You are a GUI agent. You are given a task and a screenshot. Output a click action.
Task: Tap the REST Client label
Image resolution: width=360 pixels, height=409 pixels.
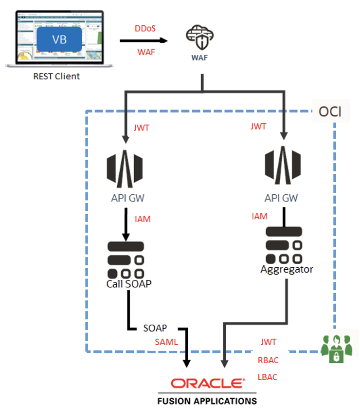point(56,76)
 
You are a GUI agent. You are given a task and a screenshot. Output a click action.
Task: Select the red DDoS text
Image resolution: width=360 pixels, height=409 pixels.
point(145,28)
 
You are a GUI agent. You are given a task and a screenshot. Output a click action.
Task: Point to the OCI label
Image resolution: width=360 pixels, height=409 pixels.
point(330,112)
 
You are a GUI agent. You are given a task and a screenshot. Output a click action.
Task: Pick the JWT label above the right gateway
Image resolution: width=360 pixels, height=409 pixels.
point(258,127)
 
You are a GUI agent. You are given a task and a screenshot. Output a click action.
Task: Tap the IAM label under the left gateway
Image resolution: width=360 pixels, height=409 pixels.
point(143,219)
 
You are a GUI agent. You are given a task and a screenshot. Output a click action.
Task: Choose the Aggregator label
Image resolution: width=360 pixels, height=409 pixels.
point(287,269)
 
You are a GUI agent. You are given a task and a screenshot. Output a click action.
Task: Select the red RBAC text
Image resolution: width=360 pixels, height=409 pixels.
point(268,360)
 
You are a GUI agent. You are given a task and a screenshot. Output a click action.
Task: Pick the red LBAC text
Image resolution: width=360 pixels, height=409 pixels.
point(268,377)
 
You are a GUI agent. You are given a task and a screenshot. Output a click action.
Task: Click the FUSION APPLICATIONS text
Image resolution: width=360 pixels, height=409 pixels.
point(207,401)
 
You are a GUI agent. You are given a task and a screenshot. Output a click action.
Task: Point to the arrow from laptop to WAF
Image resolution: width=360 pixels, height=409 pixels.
point(144,40)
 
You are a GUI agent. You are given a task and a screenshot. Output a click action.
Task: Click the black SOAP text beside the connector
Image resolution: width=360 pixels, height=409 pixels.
point(155,328)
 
